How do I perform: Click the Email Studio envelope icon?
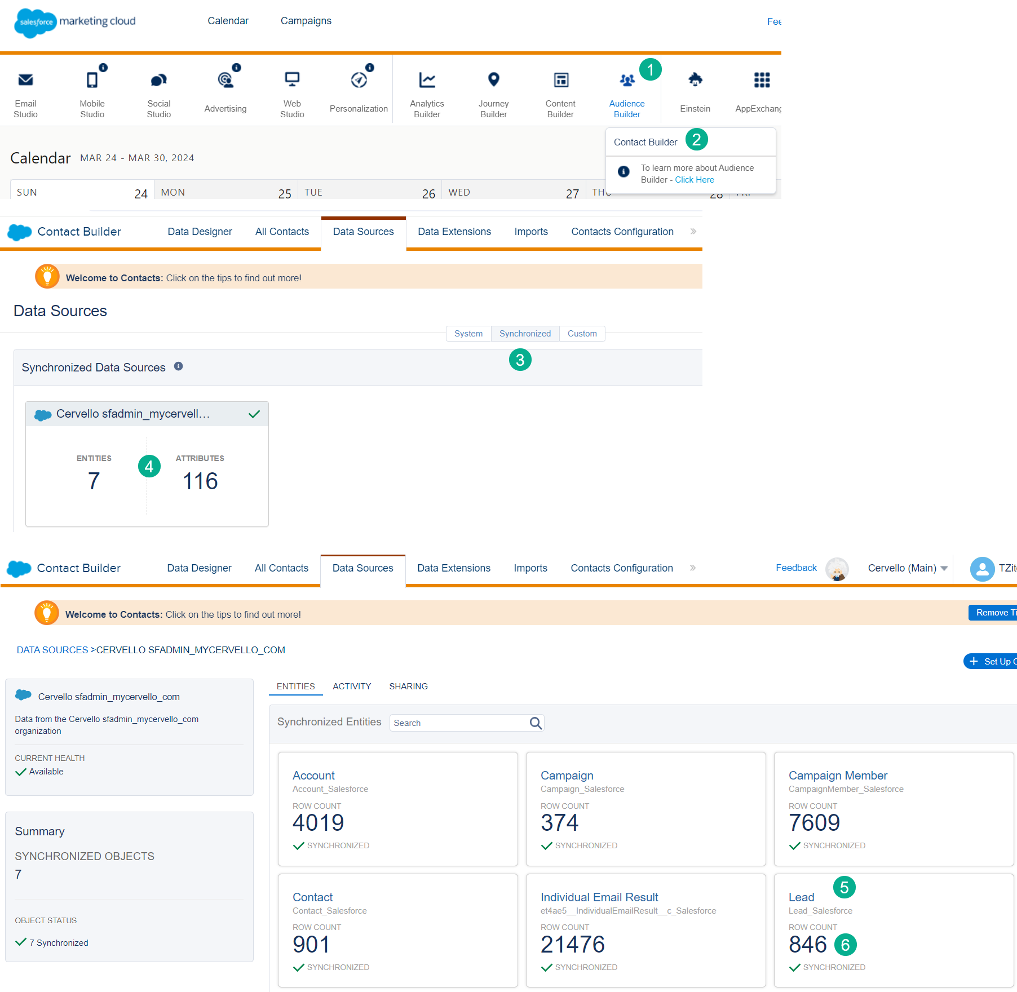25,80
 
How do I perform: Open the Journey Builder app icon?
493,80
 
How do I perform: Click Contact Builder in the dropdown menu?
645,142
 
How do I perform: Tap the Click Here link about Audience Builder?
694,180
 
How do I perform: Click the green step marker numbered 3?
520,360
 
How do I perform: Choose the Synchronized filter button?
525,334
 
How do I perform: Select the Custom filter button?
582,334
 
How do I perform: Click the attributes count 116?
200,481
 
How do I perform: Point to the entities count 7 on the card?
94,481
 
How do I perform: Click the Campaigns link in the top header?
306,21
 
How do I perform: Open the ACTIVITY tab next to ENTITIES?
352,686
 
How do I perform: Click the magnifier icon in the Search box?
536,723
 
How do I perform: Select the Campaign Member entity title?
837,776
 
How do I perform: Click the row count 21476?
572,945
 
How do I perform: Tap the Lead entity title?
801,897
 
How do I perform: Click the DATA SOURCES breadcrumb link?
52,650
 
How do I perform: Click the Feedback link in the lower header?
795,568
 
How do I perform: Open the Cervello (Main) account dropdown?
907,568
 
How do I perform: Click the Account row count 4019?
318,823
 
